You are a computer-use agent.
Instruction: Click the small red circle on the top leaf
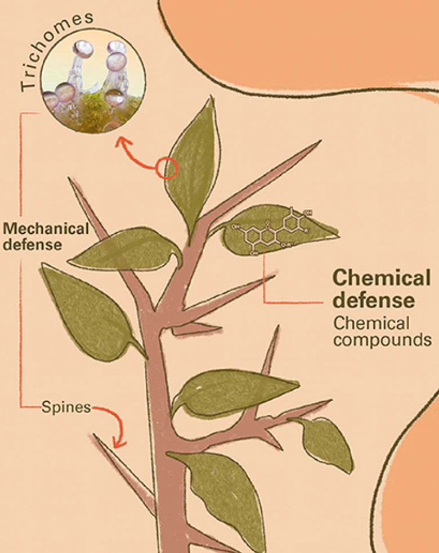(x=167, y=168)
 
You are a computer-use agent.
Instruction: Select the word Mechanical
(x=46, y=229)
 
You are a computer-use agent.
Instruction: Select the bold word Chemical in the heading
(x=380, y=278)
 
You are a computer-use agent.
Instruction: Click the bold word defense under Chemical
(x=374, y=300)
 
